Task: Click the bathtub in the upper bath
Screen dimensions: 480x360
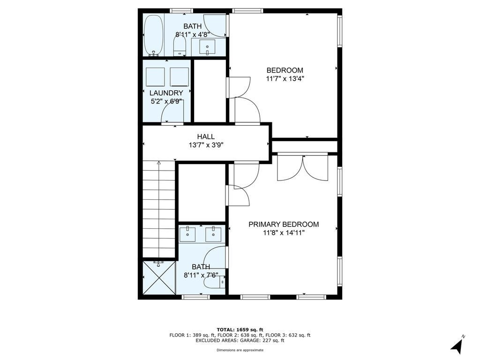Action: [154, 35]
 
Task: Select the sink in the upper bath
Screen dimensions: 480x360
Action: [207, 47]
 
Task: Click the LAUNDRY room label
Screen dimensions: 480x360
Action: [166, 93]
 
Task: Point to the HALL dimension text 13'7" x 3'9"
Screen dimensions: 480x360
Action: [206, 145]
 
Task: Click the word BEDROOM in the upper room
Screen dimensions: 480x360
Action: [285, 70]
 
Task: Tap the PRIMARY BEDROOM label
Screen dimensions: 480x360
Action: [284, 225]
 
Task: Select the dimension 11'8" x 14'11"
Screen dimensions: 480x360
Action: [284, 233]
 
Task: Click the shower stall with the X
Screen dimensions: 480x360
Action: [159, 277]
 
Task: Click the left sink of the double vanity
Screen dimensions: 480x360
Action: [187, 234]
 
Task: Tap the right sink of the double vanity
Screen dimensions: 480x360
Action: [213, 234]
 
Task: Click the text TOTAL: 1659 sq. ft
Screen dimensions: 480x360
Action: [240, 330]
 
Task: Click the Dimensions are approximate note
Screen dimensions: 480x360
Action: [240, 350]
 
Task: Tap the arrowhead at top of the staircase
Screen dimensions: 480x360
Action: [158, 163]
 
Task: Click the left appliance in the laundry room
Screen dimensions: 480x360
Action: [155, 77]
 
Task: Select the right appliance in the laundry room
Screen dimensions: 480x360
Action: [180, 77]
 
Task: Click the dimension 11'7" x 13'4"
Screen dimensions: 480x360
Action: [285, 79]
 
